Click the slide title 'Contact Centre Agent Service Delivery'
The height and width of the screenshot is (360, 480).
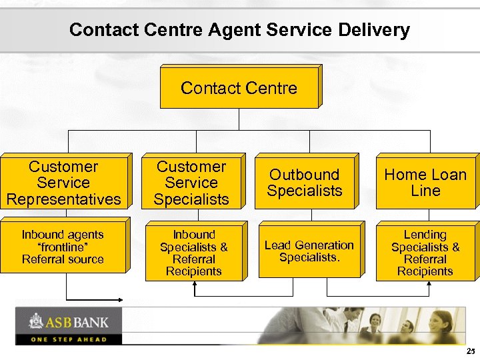pyautogui.click(x=239, y=30)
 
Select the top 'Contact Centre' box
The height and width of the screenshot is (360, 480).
pyautogui.click(x=239, y=88)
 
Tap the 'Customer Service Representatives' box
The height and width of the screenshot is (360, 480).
pyautogui.click(x=63, y=183)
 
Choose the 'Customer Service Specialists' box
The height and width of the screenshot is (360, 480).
pyautogui.click(x=191, y=183)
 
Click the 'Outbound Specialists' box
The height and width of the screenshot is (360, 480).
pyautogui.click(x=305, y=183)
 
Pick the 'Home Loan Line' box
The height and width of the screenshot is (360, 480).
pyautogui.click(x=425, y=183)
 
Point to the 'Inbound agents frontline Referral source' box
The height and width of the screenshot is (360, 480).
pyautogui.click(x=63, y=247)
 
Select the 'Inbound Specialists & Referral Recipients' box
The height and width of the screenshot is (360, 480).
pyautogui.click(x=193, y=253)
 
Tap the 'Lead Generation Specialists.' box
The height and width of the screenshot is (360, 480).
pyautogui.click(x=309, y=251)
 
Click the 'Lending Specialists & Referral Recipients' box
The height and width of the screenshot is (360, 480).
pyautogui.click(x=425, y=253)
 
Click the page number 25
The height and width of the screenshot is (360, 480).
pyautogui.click(x=471, y=351)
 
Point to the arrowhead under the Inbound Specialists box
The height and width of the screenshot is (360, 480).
pyautogui.click(x=195, y=284)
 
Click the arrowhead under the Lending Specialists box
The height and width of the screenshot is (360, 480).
pyautogui.click(x=429, y=284)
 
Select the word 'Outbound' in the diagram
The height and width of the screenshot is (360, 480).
pyautogui.click(x=305, y=175)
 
